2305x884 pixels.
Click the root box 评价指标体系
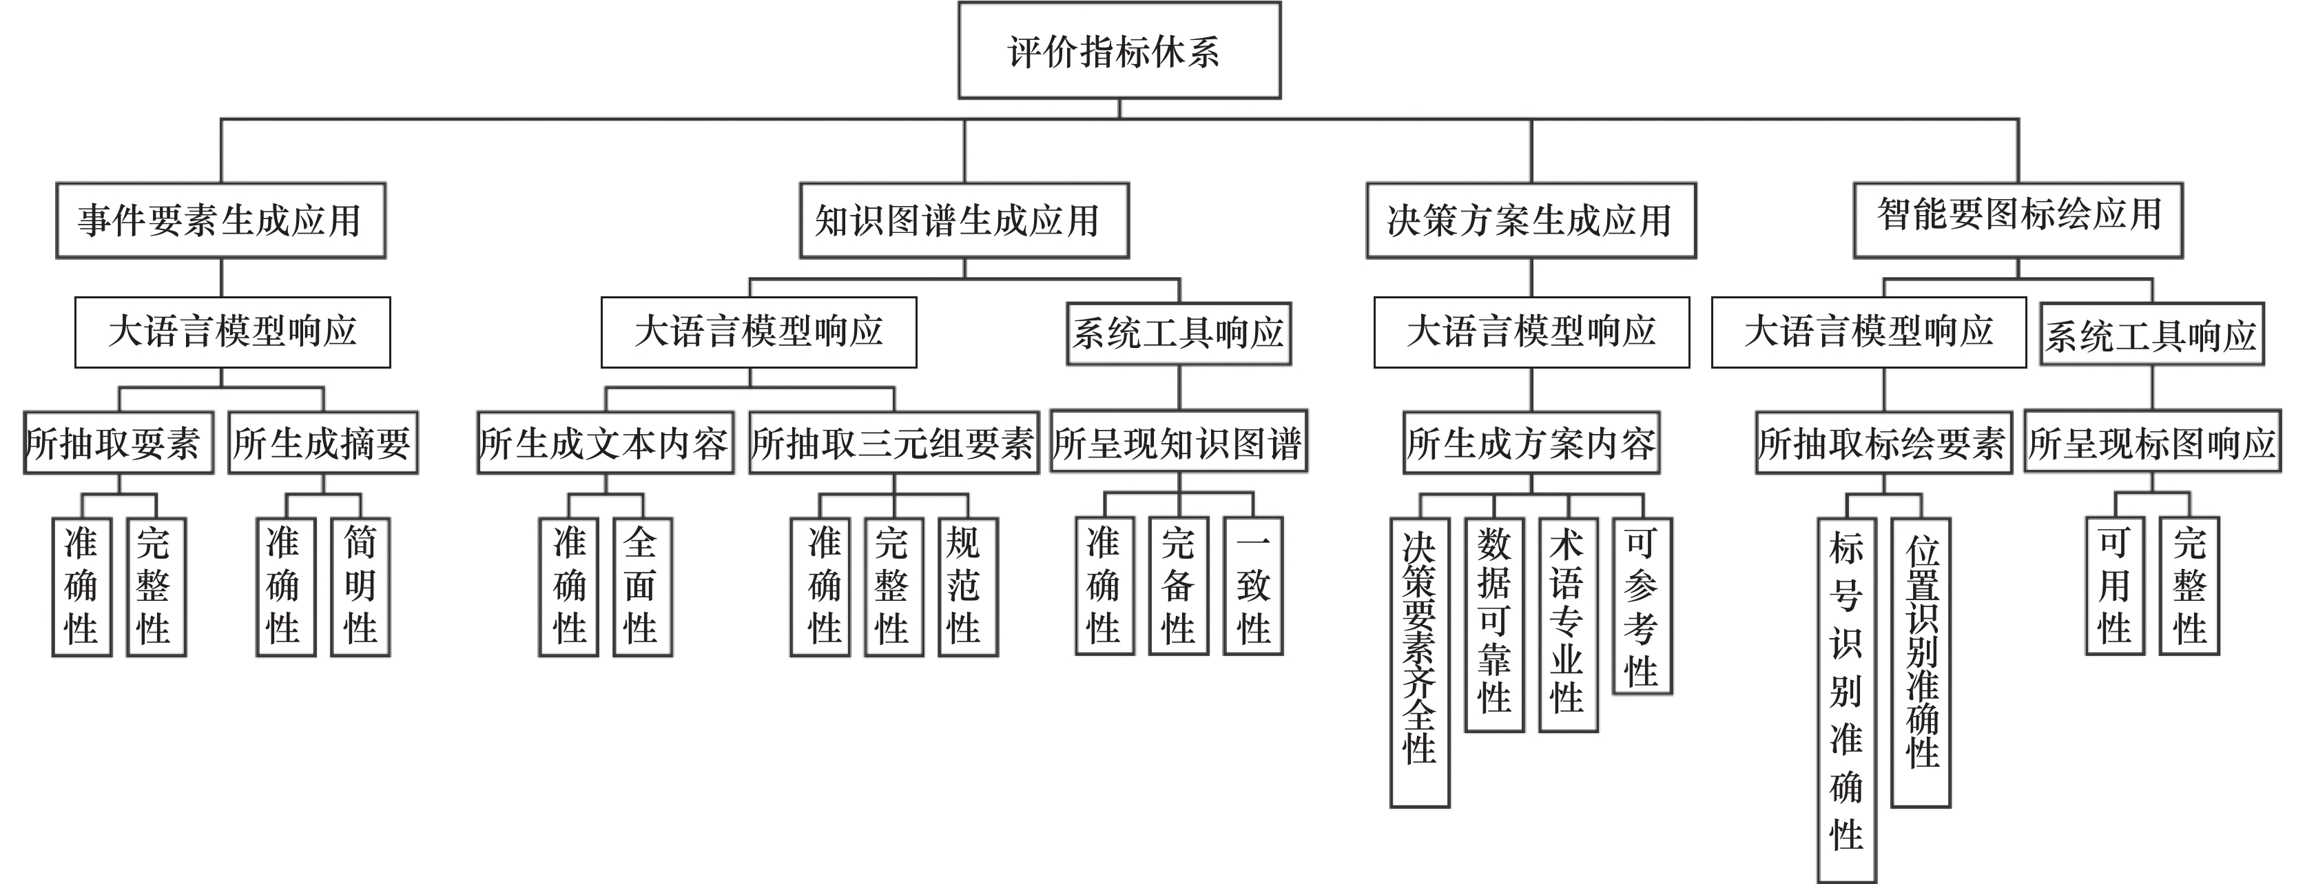(1119, 50)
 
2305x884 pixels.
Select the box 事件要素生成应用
(220, 220)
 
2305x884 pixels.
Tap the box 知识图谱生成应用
(964, 220)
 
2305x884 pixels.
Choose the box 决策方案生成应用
(1530, 220)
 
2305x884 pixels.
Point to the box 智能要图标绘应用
(2018, 219)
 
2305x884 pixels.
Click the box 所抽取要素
(118, 442)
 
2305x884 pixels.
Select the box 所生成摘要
(323, 442)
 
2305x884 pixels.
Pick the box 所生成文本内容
(605, 442)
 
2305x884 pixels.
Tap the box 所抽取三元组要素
(893, 442)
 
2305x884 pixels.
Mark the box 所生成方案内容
(1530, 442)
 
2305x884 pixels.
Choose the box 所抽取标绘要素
(1883, 442)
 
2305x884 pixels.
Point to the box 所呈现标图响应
(2152, 442)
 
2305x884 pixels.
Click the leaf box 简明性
(360, 587)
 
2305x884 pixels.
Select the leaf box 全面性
(641, 587)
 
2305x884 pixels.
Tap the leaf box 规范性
(967, 587)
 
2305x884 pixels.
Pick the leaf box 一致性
(1252, 586)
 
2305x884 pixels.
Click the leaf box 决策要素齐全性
(1419, 662)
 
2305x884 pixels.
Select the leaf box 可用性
(2114, 586)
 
